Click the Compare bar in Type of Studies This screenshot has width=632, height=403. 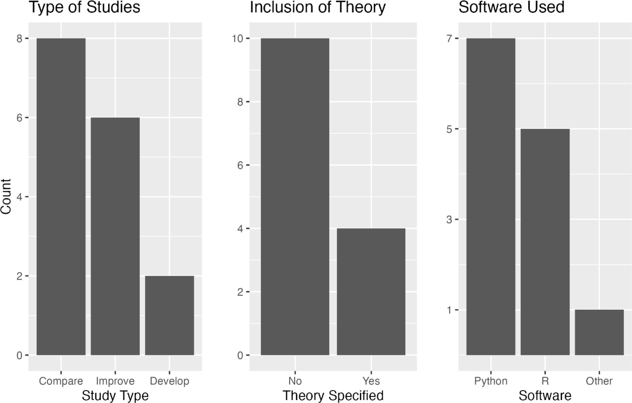61,197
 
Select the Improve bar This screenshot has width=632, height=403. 115,236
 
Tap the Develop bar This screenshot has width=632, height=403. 169,315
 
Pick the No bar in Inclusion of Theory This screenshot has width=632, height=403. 295,197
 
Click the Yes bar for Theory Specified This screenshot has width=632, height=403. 371,292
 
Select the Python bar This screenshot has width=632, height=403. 491,197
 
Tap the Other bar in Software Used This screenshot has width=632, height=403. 599,332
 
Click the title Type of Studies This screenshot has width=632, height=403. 85,7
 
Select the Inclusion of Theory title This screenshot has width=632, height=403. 318,7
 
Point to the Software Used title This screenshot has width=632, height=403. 511,7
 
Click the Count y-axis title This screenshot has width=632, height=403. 6,197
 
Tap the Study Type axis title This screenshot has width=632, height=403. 115,395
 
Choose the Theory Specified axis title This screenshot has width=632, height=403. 333,395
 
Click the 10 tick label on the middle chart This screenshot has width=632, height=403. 237,39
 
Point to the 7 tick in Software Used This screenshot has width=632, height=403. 449,39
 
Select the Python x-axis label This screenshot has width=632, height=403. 491,381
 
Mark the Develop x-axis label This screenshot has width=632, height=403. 169,381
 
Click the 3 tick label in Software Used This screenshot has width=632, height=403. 449,220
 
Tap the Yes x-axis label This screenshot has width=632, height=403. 371,381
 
